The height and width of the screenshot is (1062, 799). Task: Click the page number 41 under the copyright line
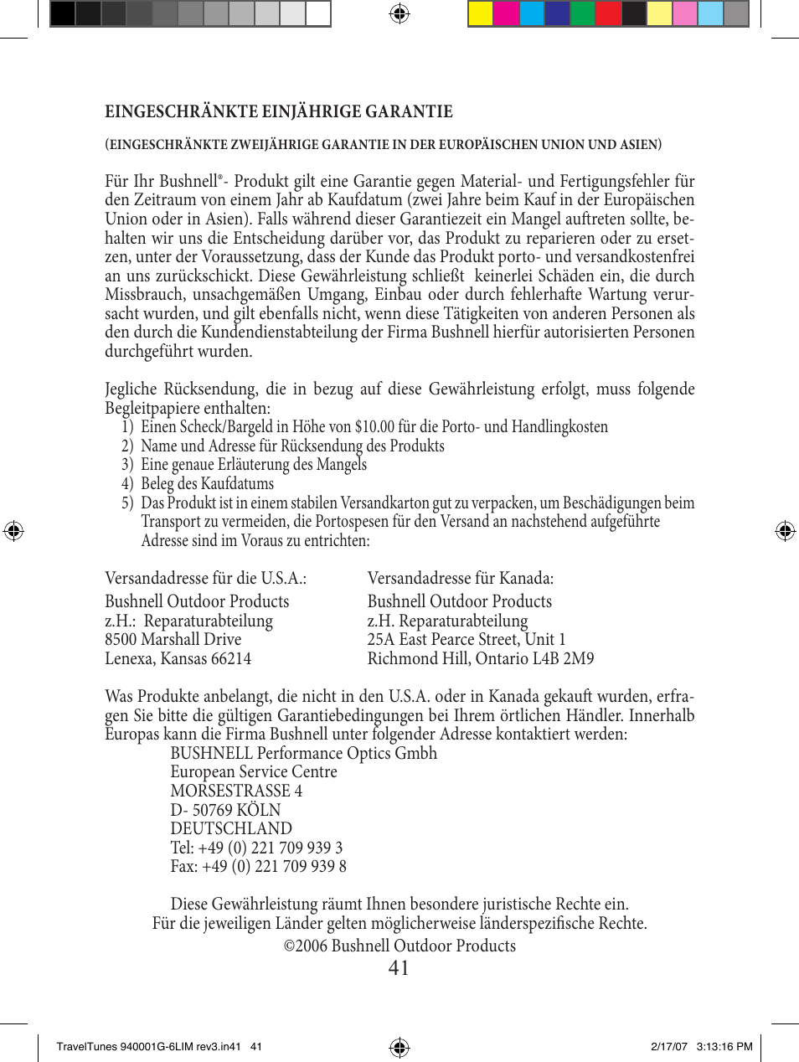[x=399, y=968]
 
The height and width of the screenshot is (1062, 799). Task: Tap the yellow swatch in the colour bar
[x=481, y=14]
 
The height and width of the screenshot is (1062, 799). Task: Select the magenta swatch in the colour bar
[x=506, y=14]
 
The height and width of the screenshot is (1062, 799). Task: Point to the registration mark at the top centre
[x=399, y=13]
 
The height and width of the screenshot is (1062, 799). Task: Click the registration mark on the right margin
[x=785, y=531]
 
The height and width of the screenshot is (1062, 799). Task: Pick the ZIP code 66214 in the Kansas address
[x=231, y=659]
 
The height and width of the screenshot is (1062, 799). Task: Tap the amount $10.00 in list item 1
[x=374, y=427]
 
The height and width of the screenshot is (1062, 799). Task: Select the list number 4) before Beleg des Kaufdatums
[x=127, y=484]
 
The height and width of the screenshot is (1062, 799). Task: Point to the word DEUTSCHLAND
[x=231, y=829]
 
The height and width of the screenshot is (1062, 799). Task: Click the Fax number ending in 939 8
[x=274, y=867]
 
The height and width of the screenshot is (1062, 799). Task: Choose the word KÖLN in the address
[x=259, y=811]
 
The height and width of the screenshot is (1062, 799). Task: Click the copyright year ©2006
[x=306, y=946]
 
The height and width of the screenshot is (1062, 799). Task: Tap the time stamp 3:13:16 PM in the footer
[x=724, y=1046]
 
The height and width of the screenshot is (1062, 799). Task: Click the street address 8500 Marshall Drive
[x=173, y=640]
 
